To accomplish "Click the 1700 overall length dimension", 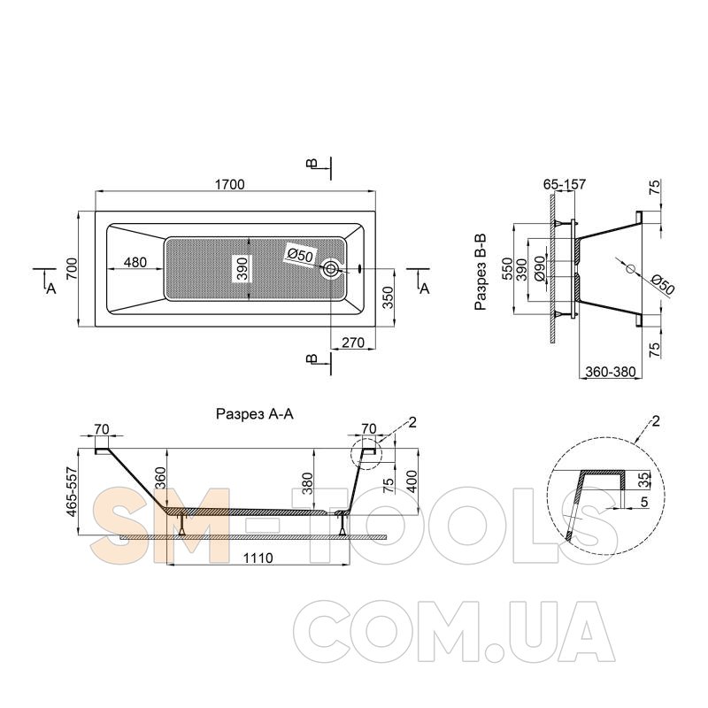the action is coord(229,184).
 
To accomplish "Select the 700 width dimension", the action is coord(73,268).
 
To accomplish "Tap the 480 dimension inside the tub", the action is coord(135,262).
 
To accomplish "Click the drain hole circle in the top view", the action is coord(330,269).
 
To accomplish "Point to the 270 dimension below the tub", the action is coord(352,342).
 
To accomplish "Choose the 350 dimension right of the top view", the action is coord(388,297).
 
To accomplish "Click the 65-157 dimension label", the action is coord(565,184).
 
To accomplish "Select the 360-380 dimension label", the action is coord(610,372).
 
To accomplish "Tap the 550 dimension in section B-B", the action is coord(507,268).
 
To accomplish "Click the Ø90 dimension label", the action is coord(540,270).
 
